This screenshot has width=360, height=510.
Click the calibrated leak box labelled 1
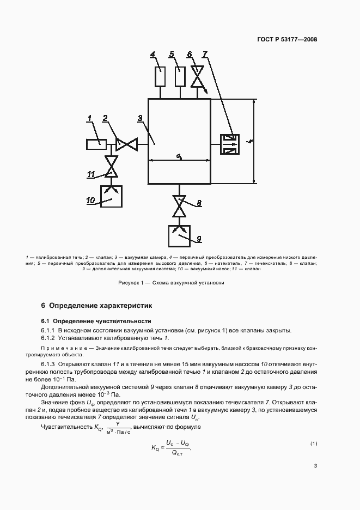[96, 144]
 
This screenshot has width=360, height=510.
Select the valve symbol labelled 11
[112, 166]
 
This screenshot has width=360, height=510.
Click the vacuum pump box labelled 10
[112, 197]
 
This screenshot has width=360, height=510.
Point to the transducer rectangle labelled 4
[160, 77]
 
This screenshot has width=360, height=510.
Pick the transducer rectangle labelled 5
[179, 77]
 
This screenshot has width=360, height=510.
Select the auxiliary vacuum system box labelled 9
[179, 236]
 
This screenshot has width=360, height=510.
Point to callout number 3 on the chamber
[140, 118]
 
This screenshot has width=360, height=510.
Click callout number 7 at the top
[205, 54]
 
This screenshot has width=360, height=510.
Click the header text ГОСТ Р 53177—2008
[288, 39]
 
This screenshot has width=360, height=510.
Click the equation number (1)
[314, 444]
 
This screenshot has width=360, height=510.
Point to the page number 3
[315, 465]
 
